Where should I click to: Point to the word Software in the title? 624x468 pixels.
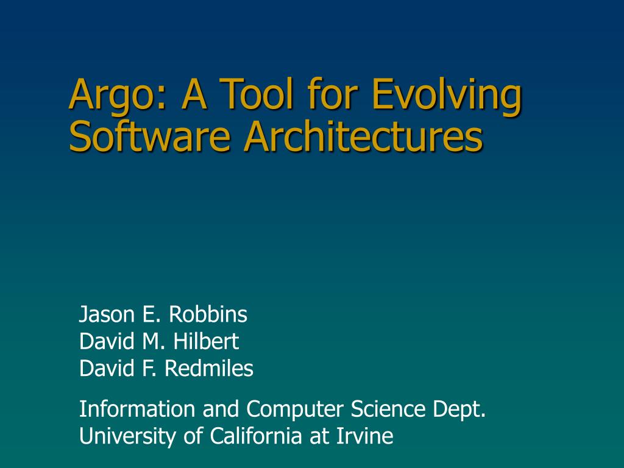149,137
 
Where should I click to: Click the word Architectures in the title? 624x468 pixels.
363,137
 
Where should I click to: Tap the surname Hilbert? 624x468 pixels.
206,341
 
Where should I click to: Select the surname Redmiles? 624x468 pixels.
209,368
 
